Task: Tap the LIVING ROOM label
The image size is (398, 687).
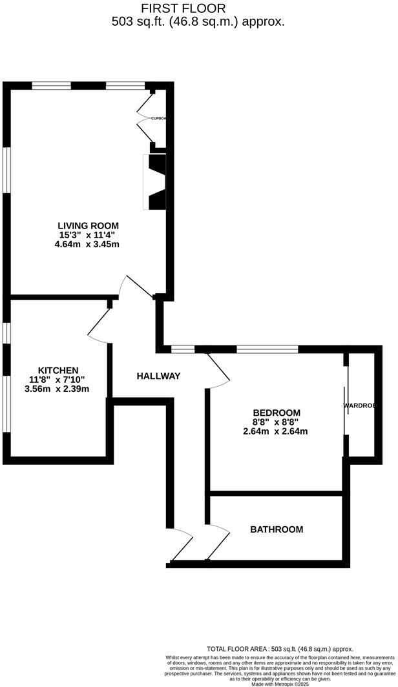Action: pos(88,225)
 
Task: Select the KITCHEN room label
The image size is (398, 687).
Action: pos(58,370)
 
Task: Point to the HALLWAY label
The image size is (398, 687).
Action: pos(158,376)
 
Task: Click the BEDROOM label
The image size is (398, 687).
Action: pos(277,413)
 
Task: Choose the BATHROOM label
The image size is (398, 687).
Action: pos(277,529)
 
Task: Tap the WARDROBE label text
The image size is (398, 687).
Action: pos(359,406)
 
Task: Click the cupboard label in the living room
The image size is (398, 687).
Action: pos(158,119)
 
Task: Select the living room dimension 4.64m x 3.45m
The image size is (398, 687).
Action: pos(87,245)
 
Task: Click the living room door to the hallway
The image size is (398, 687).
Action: pos(138,287)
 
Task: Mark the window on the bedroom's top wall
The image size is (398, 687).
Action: pos(267,349)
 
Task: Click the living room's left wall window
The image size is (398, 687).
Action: pos(6,169)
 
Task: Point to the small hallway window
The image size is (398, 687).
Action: pos(183,349)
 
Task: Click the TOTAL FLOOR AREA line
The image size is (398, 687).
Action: pos(280,649)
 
